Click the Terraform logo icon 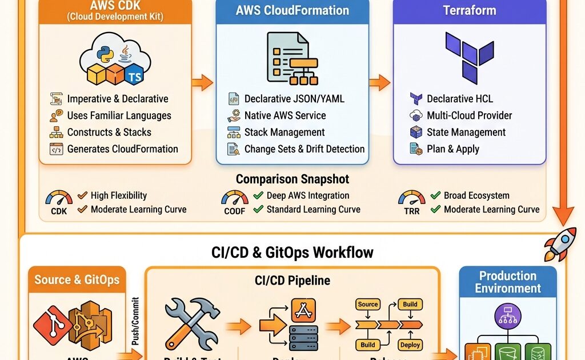tap(469, 57)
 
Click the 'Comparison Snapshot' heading tap(292, 179)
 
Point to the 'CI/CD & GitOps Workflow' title tap(292, 251)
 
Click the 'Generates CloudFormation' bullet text tap(122, 149)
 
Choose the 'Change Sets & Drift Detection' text tap(304, 149)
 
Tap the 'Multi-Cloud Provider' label tap(469, 115)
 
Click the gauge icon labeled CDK tap(59, 200)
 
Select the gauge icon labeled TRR tap(412, 200)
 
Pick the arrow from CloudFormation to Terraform tap(379, 83)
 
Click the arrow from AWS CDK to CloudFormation tap(202, 83)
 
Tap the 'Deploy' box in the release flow tap(410, 345)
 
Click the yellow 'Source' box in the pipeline tap(368, 305)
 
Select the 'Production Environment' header tap(508, 282)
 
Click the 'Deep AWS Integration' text tap(308, 195)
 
